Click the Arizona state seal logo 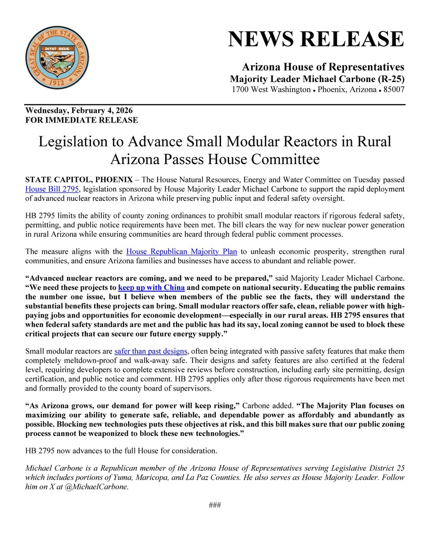[57, 57]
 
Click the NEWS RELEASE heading [316, 39]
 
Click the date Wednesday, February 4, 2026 [79, 111]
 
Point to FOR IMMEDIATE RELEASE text [82, 120]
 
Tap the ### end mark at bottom [215, 505]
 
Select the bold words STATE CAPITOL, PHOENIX [79, 180]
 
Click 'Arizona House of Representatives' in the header [323, 67]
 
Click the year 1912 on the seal [57, 83]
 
